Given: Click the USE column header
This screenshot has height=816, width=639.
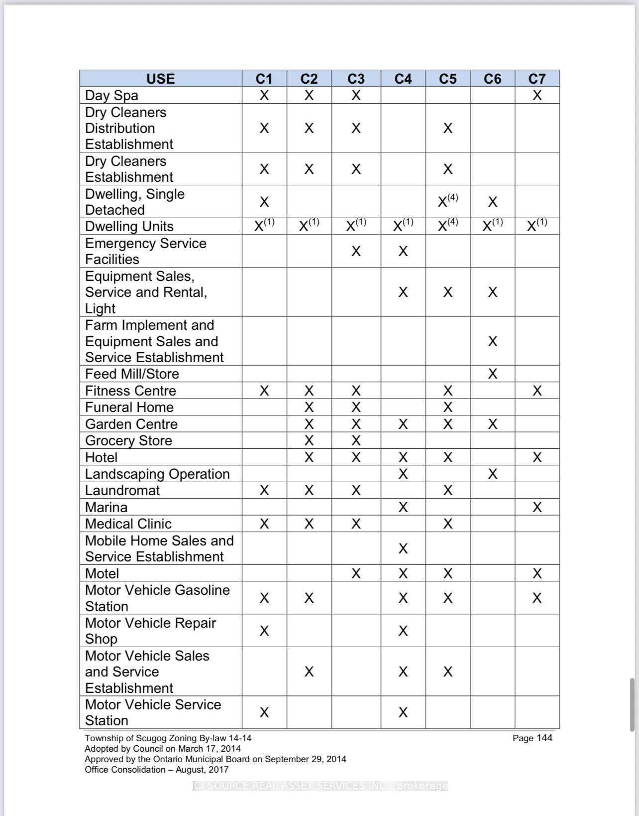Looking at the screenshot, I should [x=160, y=79].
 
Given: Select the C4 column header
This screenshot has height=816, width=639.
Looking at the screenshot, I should [x=403, y=79].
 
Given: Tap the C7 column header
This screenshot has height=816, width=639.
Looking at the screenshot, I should [x=536, y=79].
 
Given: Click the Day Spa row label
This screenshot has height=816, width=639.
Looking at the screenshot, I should [x=111, y=95].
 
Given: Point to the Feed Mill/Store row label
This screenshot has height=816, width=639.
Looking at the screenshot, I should [x=132, y=374].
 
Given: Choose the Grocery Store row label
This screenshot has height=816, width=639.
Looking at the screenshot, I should [x=128, y=440].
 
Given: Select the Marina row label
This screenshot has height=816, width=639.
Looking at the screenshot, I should [x=106, y=507].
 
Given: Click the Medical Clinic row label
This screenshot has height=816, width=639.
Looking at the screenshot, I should [x=128, y=524].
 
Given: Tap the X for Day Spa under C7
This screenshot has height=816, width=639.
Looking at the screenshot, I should [x=536, y=95].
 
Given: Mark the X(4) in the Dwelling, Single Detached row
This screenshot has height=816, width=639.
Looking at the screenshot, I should [x=447, y=201].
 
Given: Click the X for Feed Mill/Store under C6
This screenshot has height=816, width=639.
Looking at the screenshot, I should [x=492, y=374].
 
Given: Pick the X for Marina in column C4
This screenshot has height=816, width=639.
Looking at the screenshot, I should [x=403, y=507].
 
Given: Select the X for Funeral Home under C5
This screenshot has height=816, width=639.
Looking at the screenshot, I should [x=447, y=407].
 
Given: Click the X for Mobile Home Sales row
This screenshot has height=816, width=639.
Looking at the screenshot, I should [x=403, y=548].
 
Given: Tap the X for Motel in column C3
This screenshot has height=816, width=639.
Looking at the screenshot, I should [x=356, y=573].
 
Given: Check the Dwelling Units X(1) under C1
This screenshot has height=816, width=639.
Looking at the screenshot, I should [x=264, y=226].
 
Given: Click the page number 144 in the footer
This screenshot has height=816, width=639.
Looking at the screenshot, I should [x=544, y=738].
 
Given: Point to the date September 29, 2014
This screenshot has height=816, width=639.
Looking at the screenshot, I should [x=305, y=759].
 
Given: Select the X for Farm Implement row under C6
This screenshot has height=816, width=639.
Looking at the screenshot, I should [x=492, y=341].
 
